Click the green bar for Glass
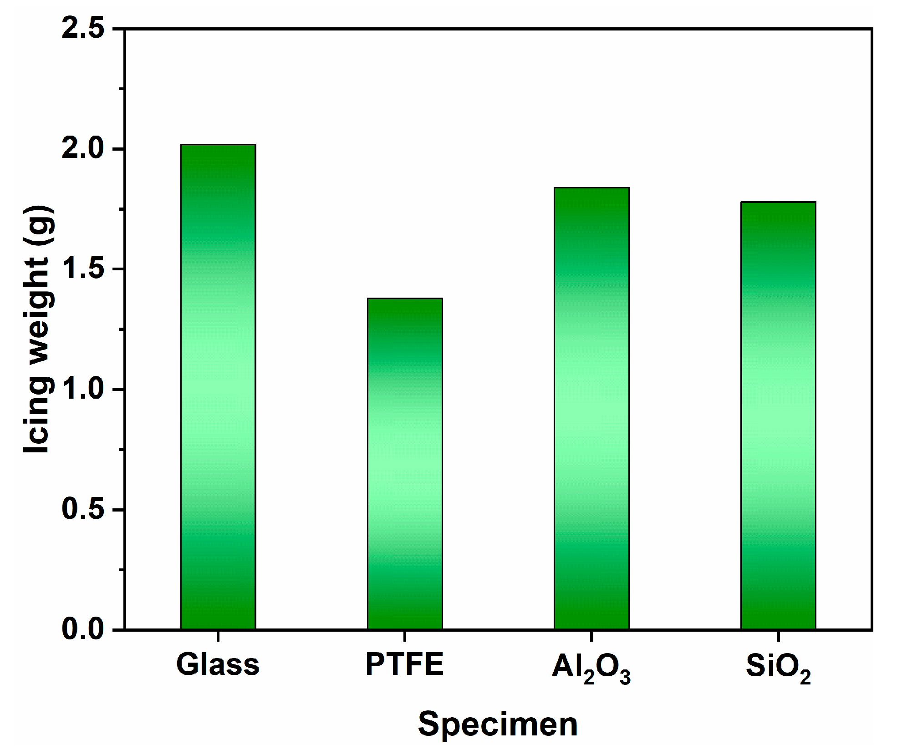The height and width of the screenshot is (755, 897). (x=218, y=387)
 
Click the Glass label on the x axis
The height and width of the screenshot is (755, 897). (x=218, y=665)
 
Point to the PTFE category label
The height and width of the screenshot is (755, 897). (x=404, y=664)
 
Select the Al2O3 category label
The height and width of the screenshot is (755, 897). (x=591, y=668)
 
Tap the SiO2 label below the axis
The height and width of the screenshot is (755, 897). (x=778, y=668)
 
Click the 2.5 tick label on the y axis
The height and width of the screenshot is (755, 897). (x=83, y=28)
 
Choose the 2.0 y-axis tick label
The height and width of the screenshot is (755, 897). (x=83, y=148)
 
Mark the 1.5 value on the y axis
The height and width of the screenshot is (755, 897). (x=83, y=269)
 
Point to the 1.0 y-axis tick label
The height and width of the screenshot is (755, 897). (x=83, y=389)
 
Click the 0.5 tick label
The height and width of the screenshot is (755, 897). (x=83, y=509)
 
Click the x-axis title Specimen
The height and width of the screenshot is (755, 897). (x=498, y=724)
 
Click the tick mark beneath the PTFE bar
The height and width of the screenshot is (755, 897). (x=405, y=636)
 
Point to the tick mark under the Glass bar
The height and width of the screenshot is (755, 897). (x=218, y=636)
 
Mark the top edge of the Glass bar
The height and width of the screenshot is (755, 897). (x=218, y=145)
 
